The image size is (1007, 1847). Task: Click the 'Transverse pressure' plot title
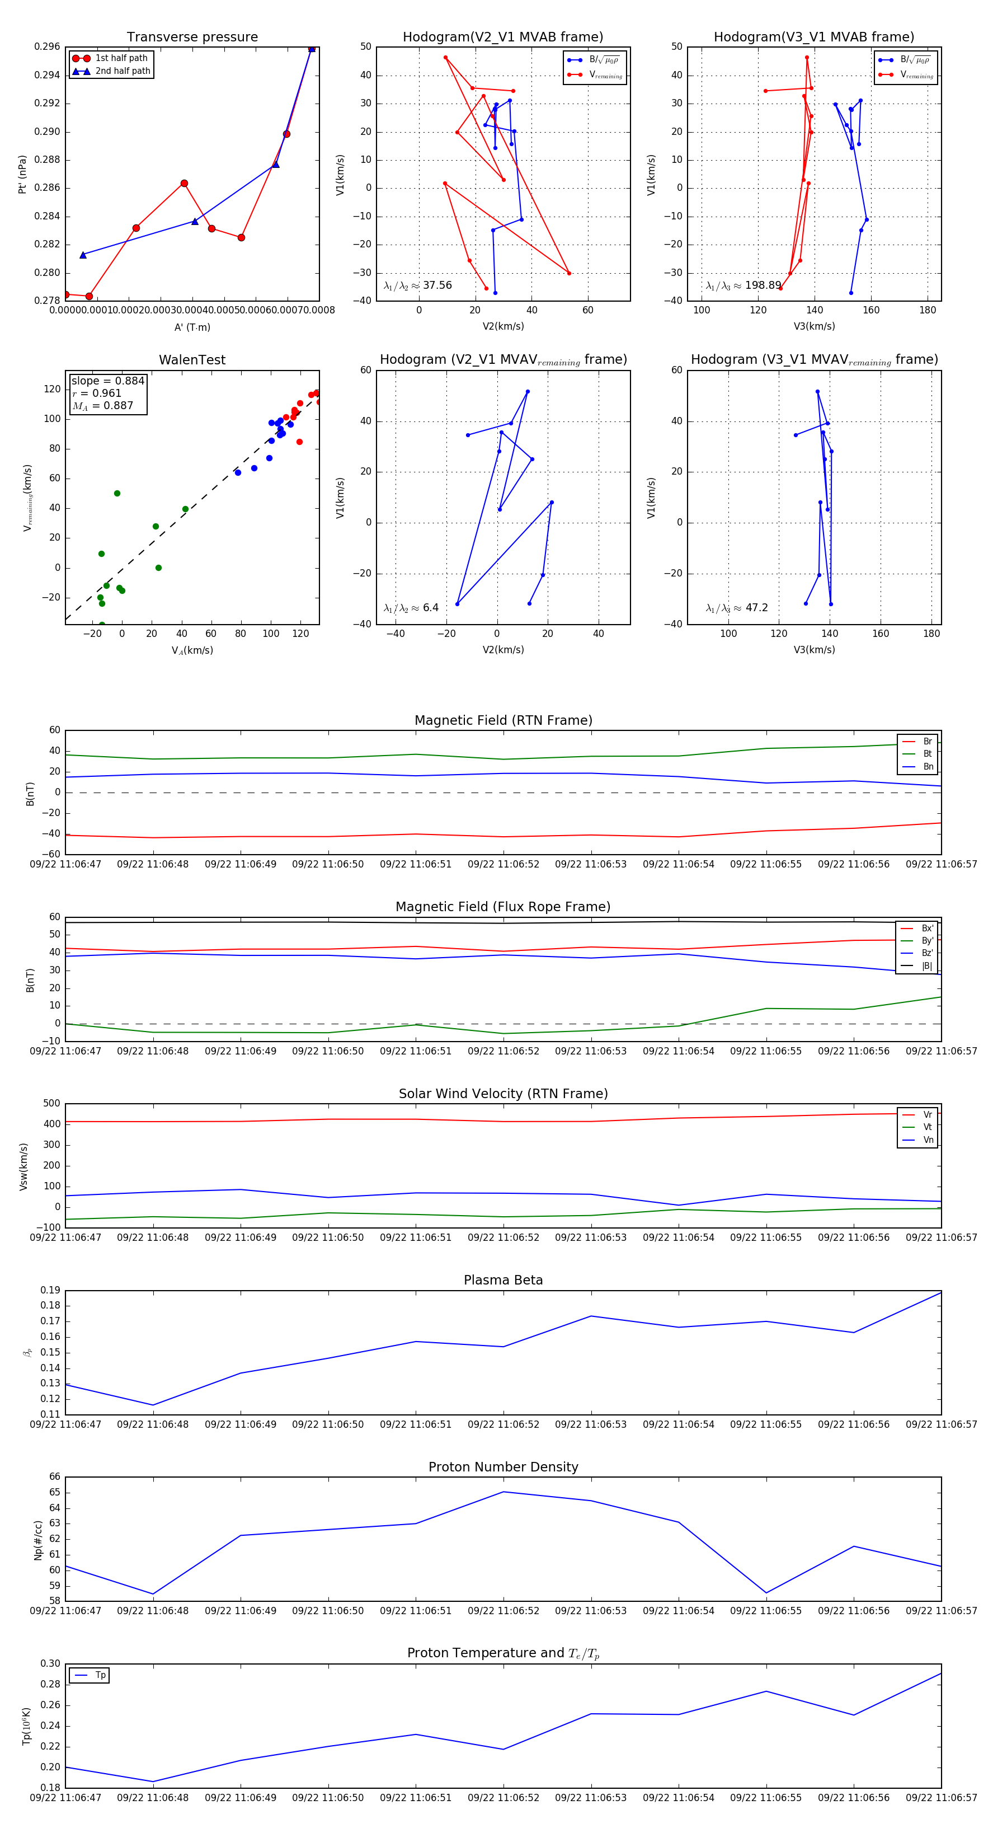coord(192,37)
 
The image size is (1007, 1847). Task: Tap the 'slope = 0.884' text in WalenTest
coord(107,381)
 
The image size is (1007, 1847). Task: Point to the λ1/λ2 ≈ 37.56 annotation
coord(418,285)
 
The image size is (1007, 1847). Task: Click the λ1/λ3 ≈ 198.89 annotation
coord(744,285)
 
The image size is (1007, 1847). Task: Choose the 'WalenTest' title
coord(192,360)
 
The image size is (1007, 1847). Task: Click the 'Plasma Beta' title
coord(503,1280)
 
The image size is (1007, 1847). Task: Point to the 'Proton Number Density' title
coord(503,1467)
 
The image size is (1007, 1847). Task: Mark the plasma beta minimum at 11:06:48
coord(153,1405)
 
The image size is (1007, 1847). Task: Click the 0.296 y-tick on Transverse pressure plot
coord(48,46)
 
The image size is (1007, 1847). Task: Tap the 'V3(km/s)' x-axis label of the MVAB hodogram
coord(813,326)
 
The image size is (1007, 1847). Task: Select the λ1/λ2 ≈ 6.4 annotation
coord(411,608)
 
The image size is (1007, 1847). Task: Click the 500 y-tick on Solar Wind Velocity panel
coord(51,1104)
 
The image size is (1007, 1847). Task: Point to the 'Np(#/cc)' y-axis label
coord(38,1539)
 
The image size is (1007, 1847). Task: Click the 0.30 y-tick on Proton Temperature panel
coord(50,1663)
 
